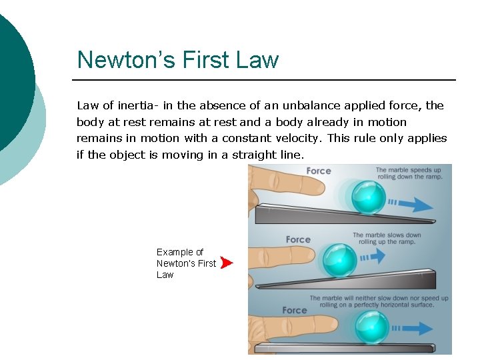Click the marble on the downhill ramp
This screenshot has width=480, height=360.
pos(368,196)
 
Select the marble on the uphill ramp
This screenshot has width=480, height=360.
pos(339,259)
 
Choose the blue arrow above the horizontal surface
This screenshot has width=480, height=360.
pos(413,328)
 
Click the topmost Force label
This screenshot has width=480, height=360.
pos(319,171)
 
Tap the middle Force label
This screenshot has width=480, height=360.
pos(298,239)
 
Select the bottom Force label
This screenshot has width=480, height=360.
pos(295,310)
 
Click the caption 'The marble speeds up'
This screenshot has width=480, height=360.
pos(408,171)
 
